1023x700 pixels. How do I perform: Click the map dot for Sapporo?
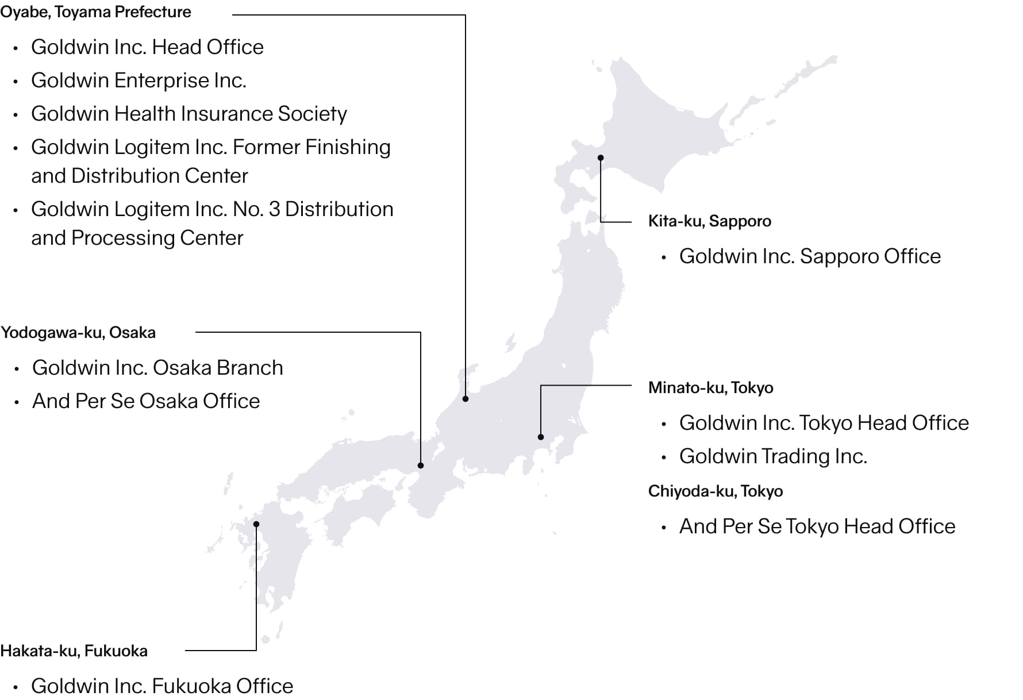pos(601,157)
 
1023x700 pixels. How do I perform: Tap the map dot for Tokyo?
pos(541,437)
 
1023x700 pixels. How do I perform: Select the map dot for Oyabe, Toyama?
pos(466,398)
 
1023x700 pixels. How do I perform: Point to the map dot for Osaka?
pos(421,466)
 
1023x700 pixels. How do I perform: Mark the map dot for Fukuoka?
pos(256,524)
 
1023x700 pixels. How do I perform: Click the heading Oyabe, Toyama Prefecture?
pos(96,12)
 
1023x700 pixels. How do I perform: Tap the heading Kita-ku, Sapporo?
pos(709,221)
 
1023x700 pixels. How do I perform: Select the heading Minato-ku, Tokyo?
pos(710,388)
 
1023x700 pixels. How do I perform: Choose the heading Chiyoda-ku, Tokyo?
pos(715,491)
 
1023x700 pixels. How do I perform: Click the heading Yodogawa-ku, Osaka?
pos(78,333)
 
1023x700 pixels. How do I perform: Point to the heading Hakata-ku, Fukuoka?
pos(74,651)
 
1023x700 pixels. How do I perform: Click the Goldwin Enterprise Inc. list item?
pos(139,80)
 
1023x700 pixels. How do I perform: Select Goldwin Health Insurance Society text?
pos(189,114)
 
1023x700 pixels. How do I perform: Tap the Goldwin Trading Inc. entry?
pos(773,456)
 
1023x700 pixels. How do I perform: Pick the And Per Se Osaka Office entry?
pos(146,401)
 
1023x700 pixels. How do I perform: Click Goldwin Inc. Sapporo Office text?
pos(810,256)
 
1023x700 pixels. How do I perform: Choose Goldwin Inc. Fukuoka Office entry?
pos(162,686)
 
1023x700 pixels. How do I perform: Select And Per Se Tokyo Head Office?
pos(817,526)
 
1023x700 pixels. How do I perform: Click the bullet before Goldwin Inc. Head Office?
pos(16,48)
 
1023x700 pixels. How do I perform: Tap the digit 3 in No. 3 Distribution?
pos(274,209)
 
